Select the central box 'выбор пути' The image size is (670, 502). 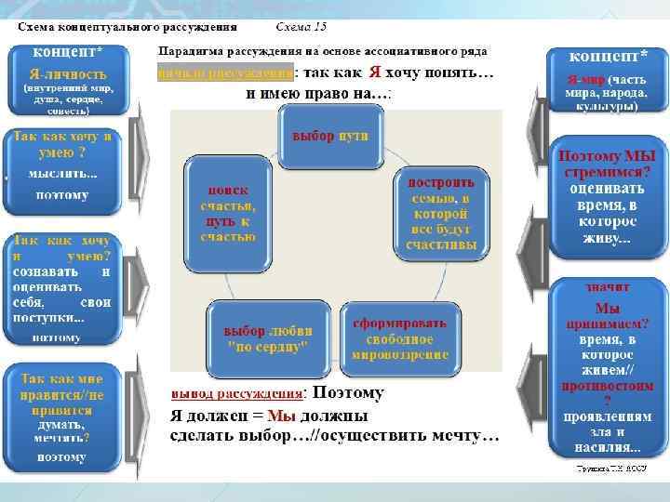pos(329,137)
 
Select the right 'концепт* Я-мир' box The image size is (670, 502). pos(606,79)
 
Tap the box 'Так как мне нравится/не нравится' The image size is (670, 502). pos(62,415)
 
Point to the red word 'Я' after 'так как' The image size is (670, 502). pos(374,73)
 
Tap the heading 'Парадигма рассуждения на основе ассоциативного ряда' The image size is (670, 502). pos(323,51)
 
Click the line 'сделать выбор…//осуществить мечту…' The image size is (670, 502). pos(334,436)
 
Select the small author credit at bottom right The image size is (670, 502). pos(609,470)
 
